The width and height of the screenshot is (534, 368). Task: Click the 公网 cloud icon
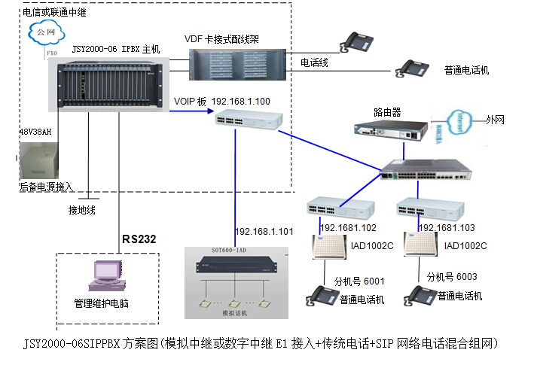coord(43,33)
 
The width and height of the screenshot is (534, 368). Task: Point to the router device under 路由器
coord(389,130)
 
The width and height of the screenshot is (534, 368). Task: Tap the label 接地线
coord(81,210)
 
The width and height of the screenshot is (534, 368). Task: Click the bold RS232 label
coord(139,239)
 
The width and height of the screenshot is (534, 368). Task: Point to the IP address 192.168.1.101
coord(264,232)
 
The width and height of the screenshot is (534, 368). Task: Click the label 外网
coord(496,119)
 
